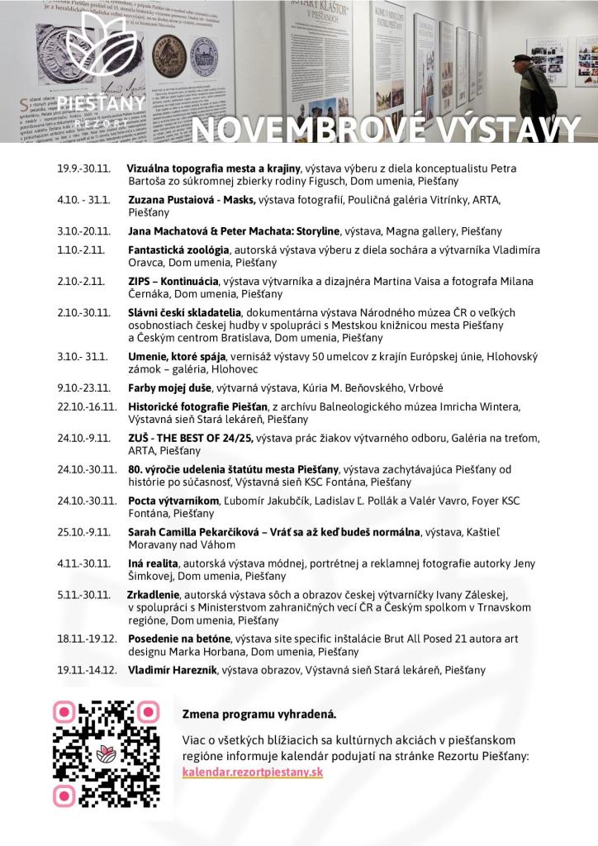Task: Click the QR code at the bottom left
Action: click(106, 753)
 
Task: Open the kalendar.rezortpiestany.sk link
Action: click(253, 772)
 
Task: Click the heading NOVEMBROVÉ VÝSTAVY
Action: click(387, 128)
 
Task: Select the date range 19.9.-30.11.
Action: click(83, 169)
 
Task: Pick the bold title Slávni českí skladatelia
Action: click(184, 312)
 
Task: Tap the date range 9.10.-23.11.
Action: click(83, 387)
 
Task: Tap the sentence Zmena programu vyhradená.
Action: click(259, 713)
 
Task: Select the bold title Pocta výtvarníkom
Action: click(173, 501)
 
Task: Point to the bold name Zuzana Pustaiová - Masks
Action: click(192, 200)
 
